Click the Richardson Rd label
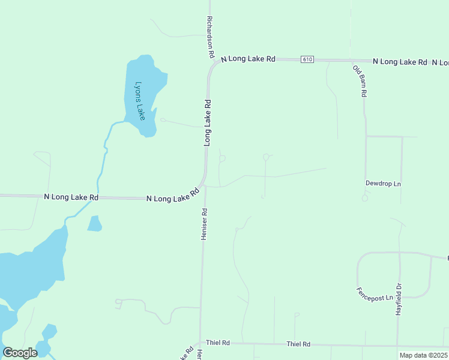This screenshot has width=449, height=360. [x=211, y=37]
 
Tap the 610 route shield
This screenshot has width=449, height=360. [x=307, y=59]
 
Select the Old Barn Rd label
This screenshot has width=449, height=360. [x=359, y=81]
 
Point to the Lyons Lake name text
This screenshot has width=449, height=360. [x=140, y=101]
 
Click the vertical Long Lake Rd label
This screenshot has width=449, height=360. [x=208, y=123]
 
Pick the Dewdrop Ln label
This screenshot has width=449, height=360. [x=383, y=183]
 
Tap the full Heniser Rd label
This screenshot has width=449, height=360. [x=204, y=224]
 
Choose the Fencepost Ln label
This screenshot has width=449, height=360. [x=375, y=294]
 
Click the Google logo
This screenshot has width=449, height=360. [x=20, y=353]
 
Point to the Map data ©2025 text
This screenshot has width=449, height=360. [x=423, y=355]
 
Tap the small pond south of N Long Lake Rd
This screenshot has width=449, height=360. [x=94, y=224]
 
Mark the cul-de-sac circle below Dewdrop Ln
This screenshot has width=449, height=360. [x=364, y=197]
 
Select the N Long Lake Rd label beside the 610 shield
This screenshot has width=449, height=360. [x=248, y=59]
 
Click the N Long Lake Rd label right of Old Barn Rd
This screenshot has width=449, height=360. [x=400, y=62]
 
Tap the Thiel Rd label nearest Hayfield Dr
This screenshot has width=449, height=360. [x=298, y=344]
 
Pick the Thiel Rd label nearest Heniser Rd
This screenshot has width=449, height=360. [x=218, y=343]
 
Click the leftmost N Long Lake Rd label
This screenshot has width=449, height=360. [x=71, y=197]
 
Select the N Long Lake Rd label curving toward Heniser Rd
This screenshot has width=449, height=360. [x=173, y=196]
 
